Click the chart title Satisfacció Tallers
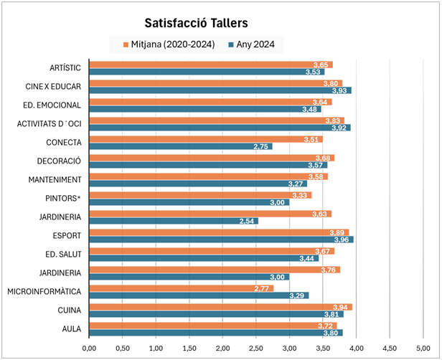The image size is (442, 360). tap(201, 23)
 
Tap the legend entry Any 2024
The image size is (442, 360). tap(255, 44)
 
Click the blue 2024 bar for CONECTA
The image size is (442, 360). tap(179, 146)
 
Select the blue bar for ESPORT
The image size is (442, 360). tap(215, 240)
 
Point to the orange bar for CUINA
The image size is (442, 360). tap(215, 307)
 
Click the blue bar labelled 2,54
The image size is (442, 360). tap(172, 221)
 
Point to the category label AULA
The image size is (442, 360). tap(70, 328)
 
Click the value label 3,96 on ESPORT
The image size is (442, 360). tap(342, 240)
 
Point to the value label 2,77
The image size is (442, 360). tap(263, 288)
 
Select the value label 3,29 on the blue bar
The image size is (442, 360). tap(298, 295)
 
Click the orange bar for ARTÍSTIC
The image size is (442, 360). tap(208, 65)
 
